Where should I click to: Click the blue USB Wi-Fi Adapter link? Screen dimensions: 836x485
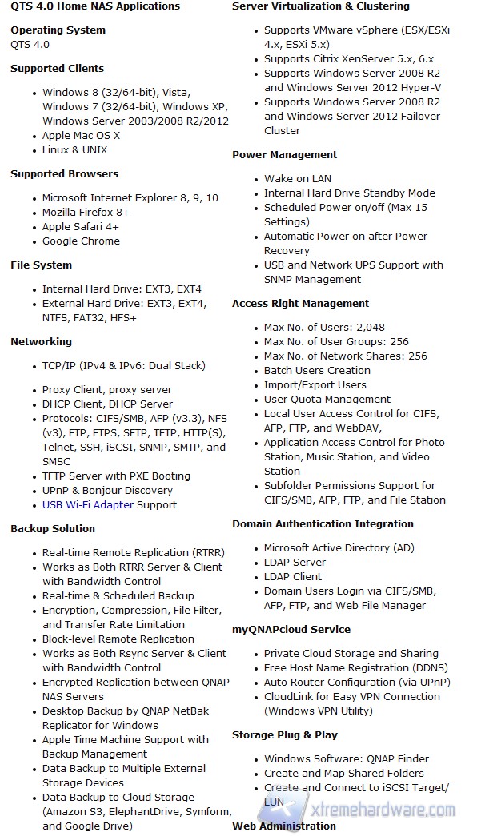(x=88, y=504)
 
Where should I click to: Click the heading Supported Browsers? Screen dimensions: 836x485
(x=64, y=173)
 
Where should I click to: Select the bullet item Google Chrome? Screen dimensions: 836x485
(x=81, y=241)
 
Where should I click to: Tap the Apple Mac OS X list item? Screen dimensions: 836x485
(x=81, y=135)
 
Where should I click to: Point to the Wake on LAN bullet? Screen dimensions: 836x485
(x=297, y=178)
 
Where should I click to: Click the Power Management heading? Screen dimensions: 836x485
(x=285, y=154)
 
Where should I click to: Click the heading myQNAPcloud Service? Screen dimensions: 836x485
(x=291, y=629)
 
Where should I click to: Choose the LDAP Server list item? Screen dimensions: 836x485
(x=295, y=562)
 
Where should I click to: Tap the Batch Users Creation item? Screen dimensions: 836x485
(x=317, y=370)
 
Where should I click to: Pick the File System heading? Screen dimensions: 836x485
(x=41, y=265)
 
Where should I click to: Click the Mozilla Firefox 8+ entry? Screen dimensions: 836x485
(x=86, y=212)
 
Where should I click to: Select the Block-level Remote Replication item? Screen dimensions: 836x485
(x=118, y=639)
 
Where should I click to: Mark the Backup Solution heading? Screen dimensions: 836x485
(x=53, y=528)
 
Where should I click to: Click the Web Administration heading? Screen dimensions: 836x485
(x=284, y=826)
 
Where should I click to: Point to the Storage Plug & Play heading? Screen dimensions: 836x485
(x=285, y=734)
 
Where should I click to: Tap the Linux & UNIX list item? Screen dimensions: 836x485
(x=74, y=149)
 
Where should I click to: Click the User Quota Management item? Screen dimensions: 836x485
(x=327, y=399)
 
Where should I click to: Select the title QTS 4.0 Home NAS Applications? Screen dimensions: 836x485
(x=95, y=6)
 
